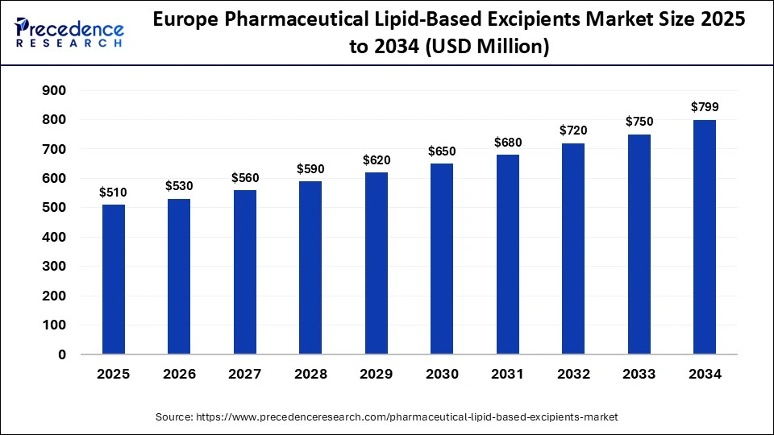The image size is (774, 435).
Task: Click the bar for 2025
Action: pyautogui.click(x=114, y=280)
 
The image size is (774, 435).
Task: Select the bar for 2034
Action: pyautogui.click(x=704, y=237)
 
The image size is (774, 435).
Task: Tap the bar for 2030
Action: pyautogui.click(x=442, y=259)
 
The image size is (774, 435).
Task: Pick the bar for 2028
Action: pyautogui.click(x=310, y=267)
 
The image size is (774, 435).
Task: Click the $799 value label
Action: pyautogui.click(x=704, y=106)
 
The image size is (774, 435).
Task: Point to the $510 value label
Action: pyautogui.click(x=114, y=192)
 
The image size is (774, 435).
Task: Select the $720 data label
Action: pyautogui.click(x=573, y=130)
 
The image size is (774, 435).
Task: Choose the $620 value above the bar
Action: pyautogui.click(x=377, y=159)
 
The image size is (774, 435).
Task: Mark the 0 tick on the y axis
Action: pyautogui.click(x=62, y=354)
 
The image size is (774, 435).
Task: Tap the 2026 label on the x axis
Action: pyautogui.click(x=179, y=375)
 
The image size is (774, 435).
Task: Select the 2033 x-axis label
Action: pyautogui.click(x=639, y=375)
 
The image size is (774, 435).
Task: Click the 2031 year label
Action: pyautogui.click(x=507, y=375)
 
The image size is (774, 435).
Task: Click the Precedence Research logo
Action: pyautogui.click(x=69, y=31)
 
